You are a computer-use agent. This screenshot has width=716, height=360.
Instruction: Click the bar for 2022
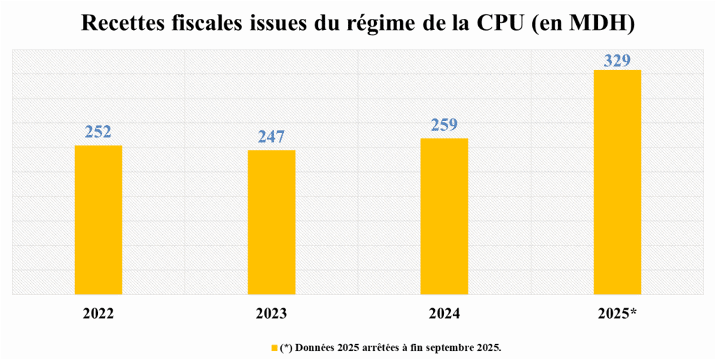(x=99, y=220)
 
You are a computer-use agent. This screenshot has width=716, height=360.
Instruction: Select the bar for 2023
(x=271, y=222)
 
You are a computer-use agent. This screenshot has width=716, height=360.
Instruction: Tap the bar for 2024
(x=444, y=217)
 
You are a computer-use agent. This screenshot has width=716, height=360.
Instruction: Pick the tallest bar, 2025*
(x=617, y=182)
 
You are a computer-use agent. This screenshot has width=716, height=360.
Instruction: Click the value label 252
(x=99, y=132)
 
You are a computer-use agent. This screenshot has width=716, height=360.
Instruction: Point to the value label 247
(x=271, y=137)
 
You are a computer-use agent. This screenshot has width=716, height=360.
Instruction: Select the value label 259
(x=444, y=125)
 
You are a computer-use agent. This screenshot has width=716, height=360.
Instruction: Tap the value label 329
(x=617, y=60)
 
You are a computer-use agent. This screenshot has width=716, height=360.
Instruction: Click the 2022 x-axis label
(x=99, y=314)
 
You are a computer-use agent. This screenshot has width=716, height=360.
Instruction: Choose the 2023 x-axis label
(x=271, y=314)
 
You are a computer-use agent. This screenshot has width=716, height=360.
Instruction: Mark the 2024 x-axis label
(x=444, y=314)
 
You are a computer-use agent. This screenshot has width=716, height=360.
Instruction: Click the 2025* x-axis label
(x=617, y=314)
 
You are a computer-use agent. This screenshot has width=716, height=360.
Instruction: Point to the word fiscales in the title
(x=213, y=23)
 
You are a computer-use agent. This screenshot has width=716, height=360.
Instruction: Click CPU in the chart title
(x=499, y=23)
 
